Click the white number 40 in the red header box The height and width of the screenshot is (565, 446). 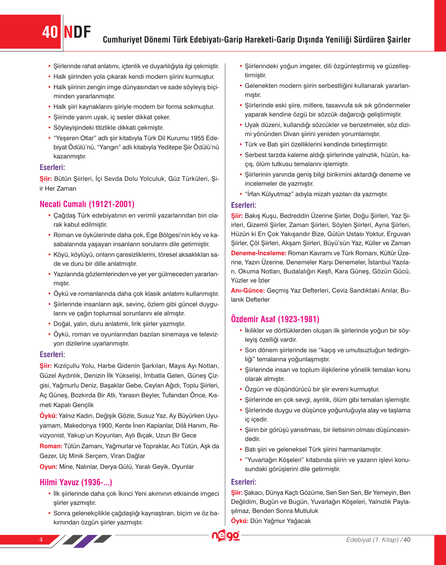click(x=50, y=32)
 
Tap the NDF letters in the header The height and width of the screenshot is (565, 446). click(x=77, y=32)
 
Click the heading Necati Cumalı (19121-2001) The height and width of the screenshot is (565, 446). click(x=87, y=204)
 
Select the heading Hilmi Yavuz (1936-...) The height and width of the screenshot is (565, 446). click(x=76, y=482)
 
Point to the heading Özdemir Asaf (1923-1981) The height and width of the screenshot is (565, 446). click(x=275, y=319)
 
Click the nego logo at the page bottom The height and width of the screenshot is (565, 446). click(x=226, y=536)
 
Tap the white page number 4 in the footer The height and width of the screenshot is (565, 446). click(x=41, y=539)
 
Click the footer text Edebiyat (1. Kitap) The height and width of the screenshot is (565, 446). click(x=372, y=539)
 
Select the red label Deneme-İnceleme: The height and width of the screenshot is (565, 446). click(x=259, y=253)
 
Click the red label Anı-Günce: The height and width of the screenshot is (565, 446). click(x=248, y=290)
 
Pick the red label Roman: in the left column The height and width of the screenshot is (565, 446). click(x=51, y=446)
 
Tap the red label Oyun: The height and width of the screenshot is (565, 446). click(x=48, y=467)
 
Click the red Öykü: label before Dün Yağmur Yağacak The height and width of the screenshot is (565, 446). click(x=240, y=521)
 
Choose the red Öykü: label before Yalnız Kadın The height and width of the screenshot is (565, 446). click(x=48, y=416)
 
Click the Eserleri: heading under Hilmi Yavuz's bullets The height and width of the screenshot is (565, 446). click(x=243, y=205)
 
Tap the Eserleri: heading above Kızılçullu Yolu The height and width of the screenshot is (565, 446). click(x=52, y=354)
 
